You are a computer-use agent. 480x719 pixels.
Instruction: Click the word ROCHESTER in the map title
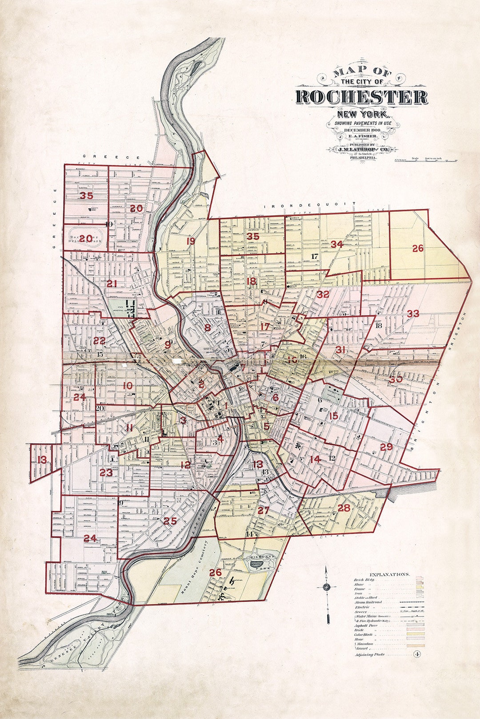(361, 97)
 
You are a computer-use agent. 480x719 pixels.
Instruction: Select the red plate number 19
(191, 241)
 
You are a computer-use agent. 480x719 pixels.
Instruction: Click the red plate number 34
(337, 244)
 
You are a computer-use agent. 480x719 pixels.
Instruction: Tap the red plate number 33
(413, 314)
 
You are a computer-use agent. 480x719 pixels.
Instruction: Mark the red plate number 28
(344, 508)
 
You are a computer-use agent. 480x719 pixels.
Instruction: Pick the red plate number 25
(170, 521)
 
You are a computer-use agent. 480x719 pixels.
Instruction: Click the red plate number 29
(386, 446)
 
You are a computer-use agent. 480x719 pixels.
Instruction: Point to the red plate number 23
(106, 473)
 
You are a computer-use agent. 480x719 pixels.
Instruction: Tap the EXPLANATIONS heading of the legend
(389, 574)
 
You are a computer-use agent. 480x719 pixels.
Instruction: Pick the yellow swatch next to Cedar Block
(419, 635)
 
